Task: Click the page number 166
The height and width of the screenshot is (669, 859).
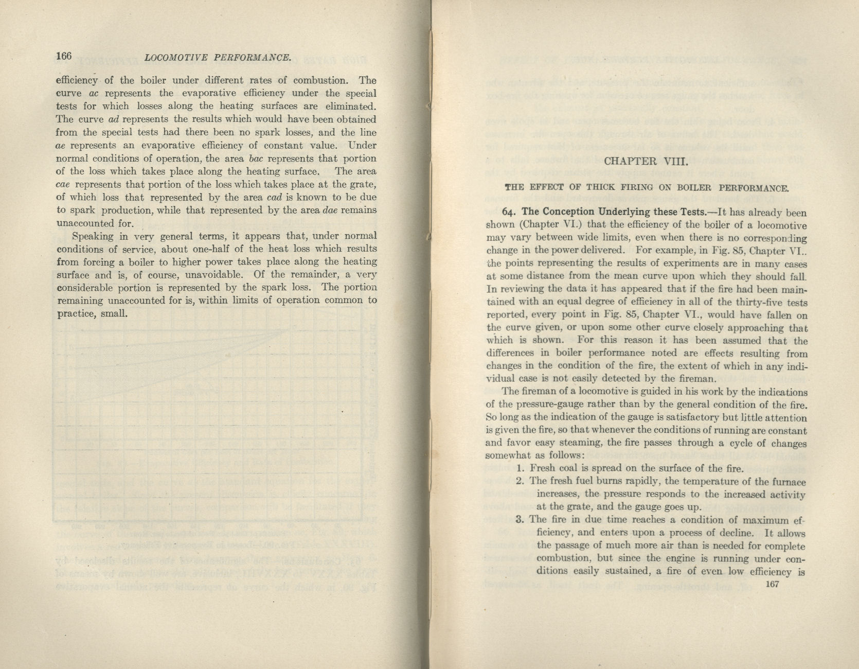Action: coord(64,56)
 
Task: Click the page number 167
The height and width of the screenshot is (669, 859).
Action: coord(773,584)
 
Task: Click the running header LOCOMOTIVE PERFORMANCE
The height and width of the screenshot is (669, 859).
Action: coord(219,58)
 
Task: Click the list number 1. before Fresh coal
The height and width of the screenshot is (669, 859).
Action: coord(520,468)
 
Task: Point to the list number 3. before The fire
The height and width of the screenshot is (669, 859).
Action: coord(520,519)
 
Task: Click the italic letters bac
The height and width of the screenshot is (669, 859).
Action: coord(256,159)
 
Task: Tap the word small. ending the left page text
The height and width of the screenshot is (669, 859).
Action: coord(114,313)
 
